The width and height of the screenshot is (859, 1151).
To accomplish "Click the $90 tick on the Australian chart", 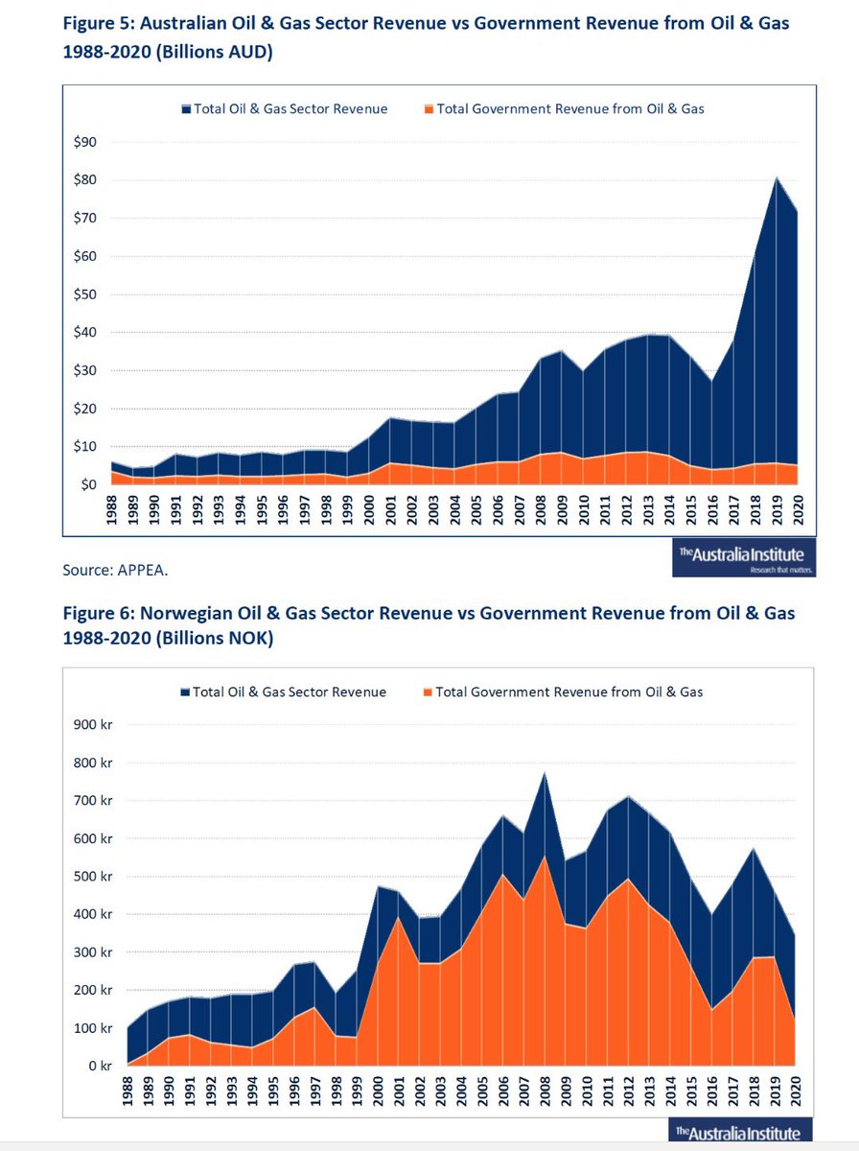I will pos(84,142).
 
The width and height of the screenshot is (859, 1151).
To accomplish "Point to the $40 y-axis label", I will pos(84,333).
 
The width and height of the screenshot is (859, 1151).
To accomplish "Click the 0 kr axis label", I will pos(99,1066).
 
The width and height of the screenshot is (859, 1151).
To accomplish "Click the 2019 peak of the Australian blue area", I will pos(776,178).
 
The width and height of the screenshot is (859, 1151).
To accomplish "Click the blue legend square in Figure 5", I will pos(186,109).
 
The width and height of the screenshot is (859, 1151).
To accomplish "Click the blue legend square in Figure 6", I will pos(185,692).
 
